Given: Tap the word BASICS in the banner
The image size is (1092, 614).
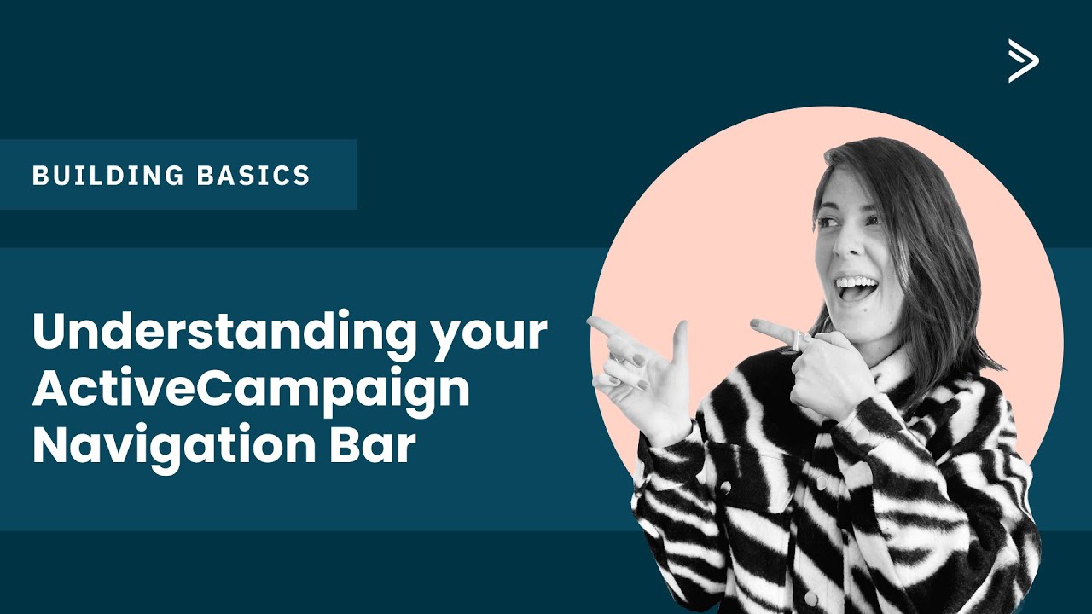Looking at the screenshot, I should (x=253, y=176).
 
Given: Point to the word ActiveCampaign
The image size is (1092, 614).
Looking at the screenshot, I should (x=251, y=391).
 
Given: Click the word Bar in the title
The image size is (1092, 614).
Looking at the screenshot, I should (x=380, y=446).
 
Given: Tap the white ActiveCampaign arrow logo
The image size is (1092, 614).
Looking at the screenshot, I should (x=1023, y=61).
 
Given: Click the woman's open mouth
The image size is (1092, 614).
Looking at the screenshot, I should (x=856, y=287).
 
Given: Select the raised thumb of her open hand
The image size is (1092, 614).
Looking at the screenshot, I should (x=680, y=338).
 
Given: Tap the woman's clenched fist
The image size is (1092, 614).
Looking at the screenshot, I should (x=823, y=375).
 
